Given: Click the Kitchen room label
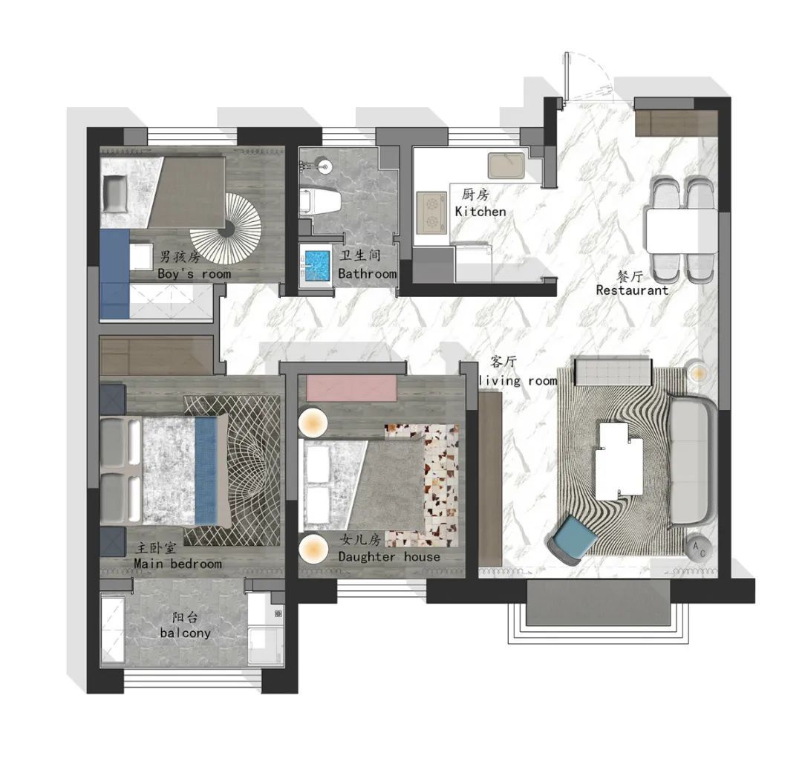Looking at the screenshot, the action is pyautogui.click(x=480, y=211).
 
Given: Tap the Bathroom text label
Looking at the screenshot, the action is pyautogui.click(x=368, y=273).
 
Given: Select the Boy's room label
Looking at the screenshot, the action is pyautogui.click(x=194, y=273).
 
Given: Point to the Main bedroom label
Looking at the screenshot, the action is pyautogui.click(x=178, y=564).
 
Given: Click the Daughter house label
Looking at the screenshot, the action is pyautogui.click(x=389, y=556).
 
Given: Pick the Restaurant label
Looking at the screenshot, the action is pyautogui.click(x=632, y=290).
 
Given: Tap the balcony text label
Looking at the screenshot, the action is pyautogui.click(x=185, y=633).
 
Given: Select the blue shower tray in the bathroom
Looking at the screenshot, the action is pyautogui.click(x=316, y=264).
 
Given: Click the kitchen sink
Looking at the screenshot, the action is pyautogui.click(x=506, y=166).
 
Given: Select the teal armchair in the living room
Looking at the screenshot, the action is pyautogui.click(x=573, y=540).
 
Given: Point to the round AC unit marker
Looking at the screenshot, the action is pyautogui.click(x=699, y=548).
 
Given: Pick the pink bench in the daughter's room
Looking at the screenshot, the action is pyautogui.click(x=351, y=388).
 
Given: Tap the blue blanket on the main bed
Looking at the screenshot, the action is pyautogui.click(x=207, y=471).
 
